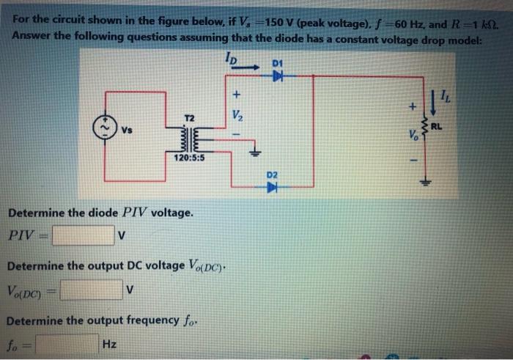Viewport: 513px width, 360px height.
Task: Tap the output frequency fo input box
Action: click(x=68, y=343)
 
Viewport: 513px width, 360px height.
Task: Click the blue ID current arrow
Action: click(x=246, y=67)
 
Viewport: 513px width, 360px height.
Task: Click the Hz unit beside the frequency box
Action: click(x=111, y=343)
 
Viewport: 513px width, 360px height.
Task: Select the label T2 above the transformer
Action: click(x=188, y=117)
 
